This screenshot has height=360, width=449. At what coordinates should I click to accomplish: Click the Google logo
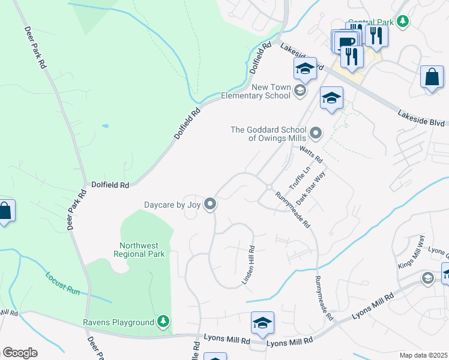pos(20,353)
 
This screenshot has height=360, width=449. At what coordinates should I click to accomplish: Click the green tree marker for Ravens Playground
pos(163,322)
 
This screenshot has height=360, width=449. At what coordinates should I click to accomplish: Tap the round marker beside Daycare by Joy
pos(210,205)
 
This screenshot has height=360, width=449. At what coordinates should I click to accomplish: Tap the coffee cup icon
pos(345,41)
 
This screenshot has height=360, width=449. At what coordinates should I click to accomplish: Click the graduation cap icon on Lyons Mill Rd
pos(262,323)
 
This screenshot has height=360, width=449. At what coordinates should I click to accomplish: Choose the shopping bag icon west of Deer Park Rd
pos(5,211)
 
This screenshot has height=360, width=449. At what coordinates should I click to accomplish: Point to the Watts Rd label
pos(312,155)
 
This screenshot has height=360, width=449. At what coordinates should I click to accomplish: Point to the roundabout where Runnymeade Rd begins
pos(270,188)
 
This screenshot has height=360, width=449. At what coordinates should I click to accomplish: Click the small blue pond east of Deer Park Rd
pos(106,126)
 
